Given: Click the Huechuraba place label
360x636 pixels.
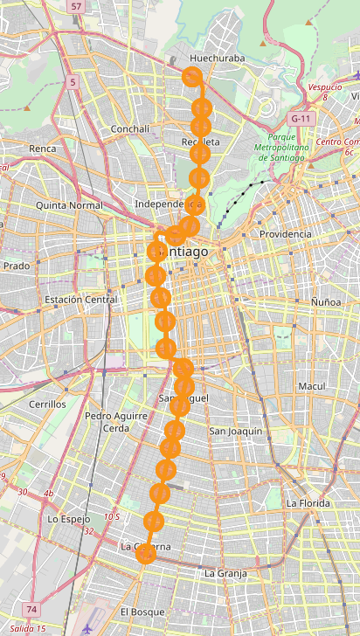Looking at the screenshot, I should coord(217,59).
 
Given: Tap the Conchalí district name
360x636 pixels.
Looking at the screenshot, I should coord(131,129).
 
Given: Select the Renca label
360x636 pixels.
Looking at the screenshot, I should coord(42,149).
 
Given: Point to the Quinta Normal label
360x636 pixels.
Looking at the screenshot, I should coord(69,205).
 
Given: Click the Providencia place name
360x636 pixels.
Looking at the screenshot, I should coord(286,234).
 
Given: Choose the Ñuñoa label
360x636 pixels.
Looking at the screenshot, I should coord(326,301).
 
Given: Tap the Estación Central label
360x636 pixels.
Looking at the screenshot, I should coord(80,300).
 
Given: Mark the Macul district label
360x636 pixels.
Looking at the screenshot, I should coord(311,386).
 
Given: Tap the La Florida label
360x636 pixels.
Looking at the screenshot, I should coord(308,503).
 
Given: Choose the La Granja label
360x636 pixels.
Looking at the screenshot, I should coord(225,573).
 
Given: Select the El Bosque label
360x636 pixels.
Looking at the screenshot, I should coord(142,612).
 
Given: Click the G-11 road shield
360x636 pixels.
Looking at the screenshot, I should coord(301,118).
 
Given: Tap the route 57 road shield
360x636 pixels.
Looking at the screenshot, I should coord(77,7).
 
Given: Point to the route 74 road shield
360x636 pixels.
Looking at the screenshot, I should coord(32,609).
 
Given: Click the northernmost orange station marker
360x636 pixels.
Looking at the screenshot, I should coord(191,77).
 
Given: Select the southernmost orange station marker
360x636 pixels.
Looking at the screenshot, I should coord(146,553).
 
